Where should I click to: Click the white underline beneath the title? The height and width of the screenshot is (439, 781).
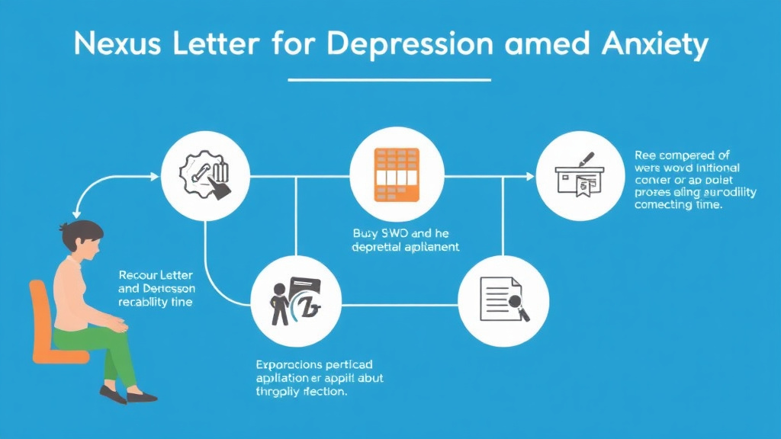390,79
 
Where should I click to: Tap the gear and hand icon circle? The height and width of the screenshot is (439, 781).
206,175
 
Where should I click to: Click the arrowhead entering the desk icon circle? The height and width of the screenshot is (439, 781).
531,176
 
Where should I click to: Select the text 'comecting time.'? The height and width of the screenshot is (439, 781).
678,206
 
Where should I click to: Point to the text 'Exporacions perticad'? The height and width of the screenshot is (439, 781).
320,364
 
